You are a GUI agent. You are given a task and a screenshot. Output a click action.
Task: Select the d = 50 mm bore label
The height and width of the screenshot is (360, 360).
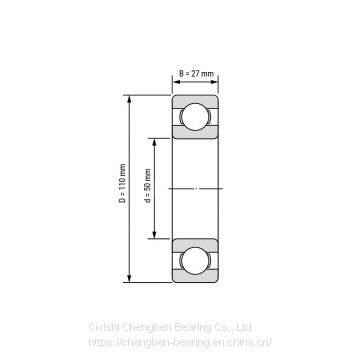(147, 186)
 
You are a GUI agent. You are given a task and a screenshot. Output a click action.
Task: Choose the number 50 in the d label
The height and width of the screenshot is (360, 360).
(147, 183)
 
